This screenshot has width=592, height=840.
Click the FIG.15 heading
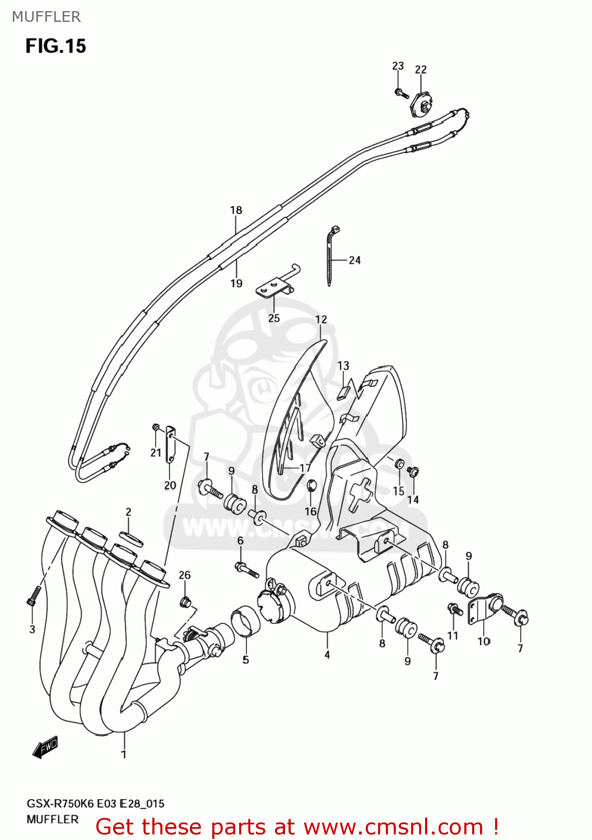(x=55, y=45)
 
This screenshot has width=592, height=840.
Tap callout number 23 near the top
(x=398, y=66)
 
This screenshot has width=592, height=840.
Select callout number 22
(x=421, y=69)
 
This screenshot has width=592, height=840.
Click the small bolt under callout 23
(x=400, y=92)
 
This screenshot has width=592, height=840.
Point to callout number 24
(x=355, y=260)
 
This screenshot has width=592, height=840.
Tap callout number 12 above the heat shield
(x=321, y=319)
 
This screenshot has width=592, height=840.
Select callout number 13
(x=343, y=366)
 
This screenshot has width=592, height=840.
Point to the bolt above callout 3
(x=34, y=596)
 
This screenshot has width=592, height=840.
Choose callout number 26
(x=185, y=575)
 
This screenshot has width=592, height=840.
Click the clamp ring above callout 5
(x=246, y=622)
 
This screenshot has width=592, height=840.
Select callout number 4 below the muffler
(x=327, y=654)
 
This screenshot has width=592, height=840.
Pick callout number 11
(x=453, y=635)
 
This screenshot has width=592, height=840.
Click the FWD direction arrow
(x=45, y=747)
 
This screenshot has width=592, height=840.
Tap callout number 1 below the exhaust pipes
(x=124, y=754)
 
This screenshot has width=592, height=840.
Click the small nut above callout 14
(x=413, y=472)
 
